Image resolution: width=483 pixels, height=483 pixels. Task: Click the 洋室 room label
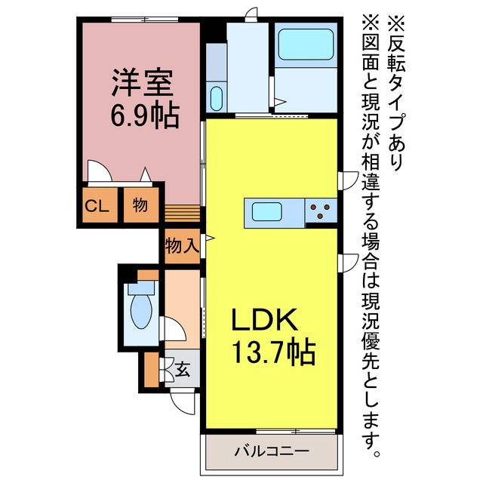[x=143, y=82]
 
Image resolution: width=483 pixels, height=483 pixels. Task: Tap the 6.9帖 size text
[x=143, y=115]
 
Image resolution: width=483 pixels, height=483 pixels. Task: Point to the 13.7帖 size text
[x=272, y=352]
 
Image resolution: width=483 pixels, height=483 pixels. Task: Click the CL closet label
[x=97, y=205]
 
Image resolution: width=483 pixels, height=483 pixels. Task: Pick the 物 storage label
[x=140, y=205]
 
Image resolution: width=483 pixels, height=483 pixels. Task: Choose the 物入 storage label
[x=183, y=246]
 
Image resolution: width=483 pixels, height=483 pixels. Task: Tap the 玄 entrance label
[x=183, y=370]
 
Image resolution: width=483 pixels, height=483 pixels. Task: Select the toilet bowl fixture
[x=141, y=311]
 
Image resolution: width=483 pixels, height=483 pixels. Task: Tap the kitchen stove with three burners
[x=321, y=211]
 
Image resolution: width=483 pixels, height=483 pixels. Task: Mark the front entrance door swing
[x=183, y=401]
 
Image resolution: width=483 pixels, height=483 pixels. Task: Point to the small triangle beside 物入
[x=210, y=238]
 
